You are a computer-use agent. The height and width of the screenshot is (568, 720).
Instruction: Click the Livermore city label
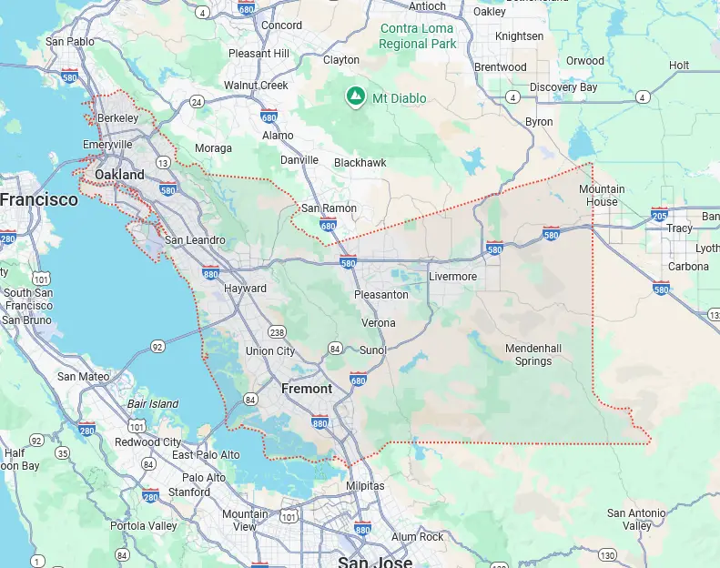click(x=453, y=276)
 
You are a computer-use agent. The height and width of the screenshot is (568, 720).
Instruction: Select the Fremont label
click(x=307, y=388)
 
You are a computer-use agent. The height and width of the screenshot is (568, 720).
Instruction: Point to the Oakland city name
click(x=120, y=174)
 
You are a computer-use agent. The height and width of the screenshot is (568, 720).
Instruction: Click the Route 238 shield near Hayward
click(x=276, y=332)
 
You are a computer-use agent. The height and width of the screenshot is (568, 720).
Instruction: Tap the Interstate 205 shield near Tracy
click(x=660, y=215)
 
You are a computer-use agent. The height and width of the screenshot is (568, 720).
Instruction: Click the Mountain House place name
click(x=602, y=195)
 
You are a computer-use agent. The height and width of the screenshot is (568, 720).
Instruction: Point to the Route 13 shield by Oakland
click(x=162, y=162)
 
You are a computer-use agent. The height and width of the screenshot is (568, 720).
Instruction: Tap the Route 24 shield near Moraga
click(x=198, y=101)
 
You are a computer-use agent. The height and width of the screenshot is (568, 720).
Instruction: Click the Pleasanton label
click(x=380, y=294)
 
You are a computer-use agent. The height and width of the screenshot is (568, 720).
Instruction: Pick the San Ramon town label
click(x=329, y=208)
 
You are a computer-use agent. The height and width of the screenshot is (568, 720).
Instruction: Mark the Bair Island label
click(x=153, y=403)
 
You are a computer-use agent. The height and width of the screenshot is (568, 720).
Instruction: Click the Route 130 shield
click(x=607, y=554)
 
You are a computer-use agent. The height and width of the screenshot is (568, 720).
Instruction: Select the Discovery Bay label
click(x=563, y=87)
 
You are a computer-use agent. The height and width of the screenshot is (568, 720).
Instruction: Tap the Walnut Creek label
click(x=256, y=85)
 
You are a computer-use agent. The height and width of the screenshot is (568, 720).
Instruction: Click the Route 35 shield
click(x=62, y=452)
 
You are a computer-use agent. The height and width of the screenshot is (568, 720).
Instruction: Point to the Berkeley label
click(x=117, y=118)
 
